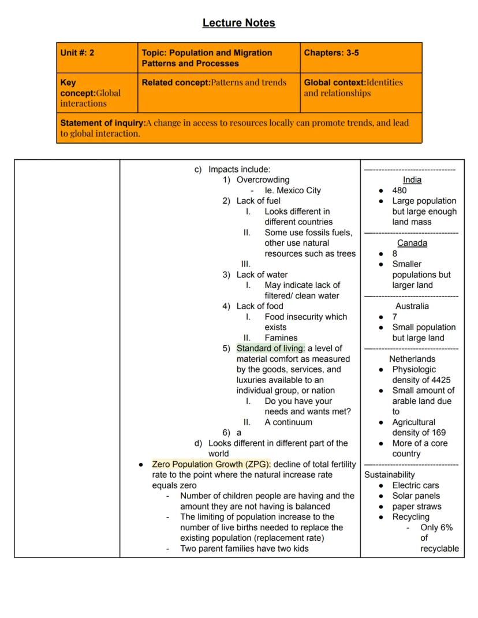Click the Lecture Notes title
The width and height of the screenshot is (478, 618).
click(x=238, y=23)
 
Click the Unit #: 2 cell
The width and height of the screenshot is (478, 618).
click(x=77, y=53)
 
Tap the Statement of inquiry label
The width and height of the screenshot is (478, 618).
click(x=103, y=123)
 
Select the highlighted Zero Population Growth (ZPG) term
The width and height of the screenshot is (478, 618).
click(x=211, y=465)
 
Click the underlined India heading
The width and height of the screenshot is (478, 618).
click(x=412, y=180)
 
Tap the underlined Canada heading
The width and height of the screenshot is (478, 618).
click(x=412, y=243)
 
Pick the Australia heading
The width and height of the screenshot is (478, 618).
click(x=412, y=306)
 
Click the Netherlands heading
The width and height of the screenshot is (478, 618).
click(x=412, y=359)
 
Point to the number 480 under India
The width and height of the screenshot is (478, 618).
click(x=399, y=190)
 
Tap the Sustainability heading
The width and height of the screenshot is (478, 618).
click(x=390, y=475)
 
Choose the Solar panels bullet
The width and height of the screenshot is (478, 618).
click(x=416, y=496)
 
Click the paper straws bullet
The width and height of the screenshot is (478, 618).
click(x=416, y=507)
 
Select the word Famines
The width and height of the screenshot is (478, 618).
click(x=281, y=338)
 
